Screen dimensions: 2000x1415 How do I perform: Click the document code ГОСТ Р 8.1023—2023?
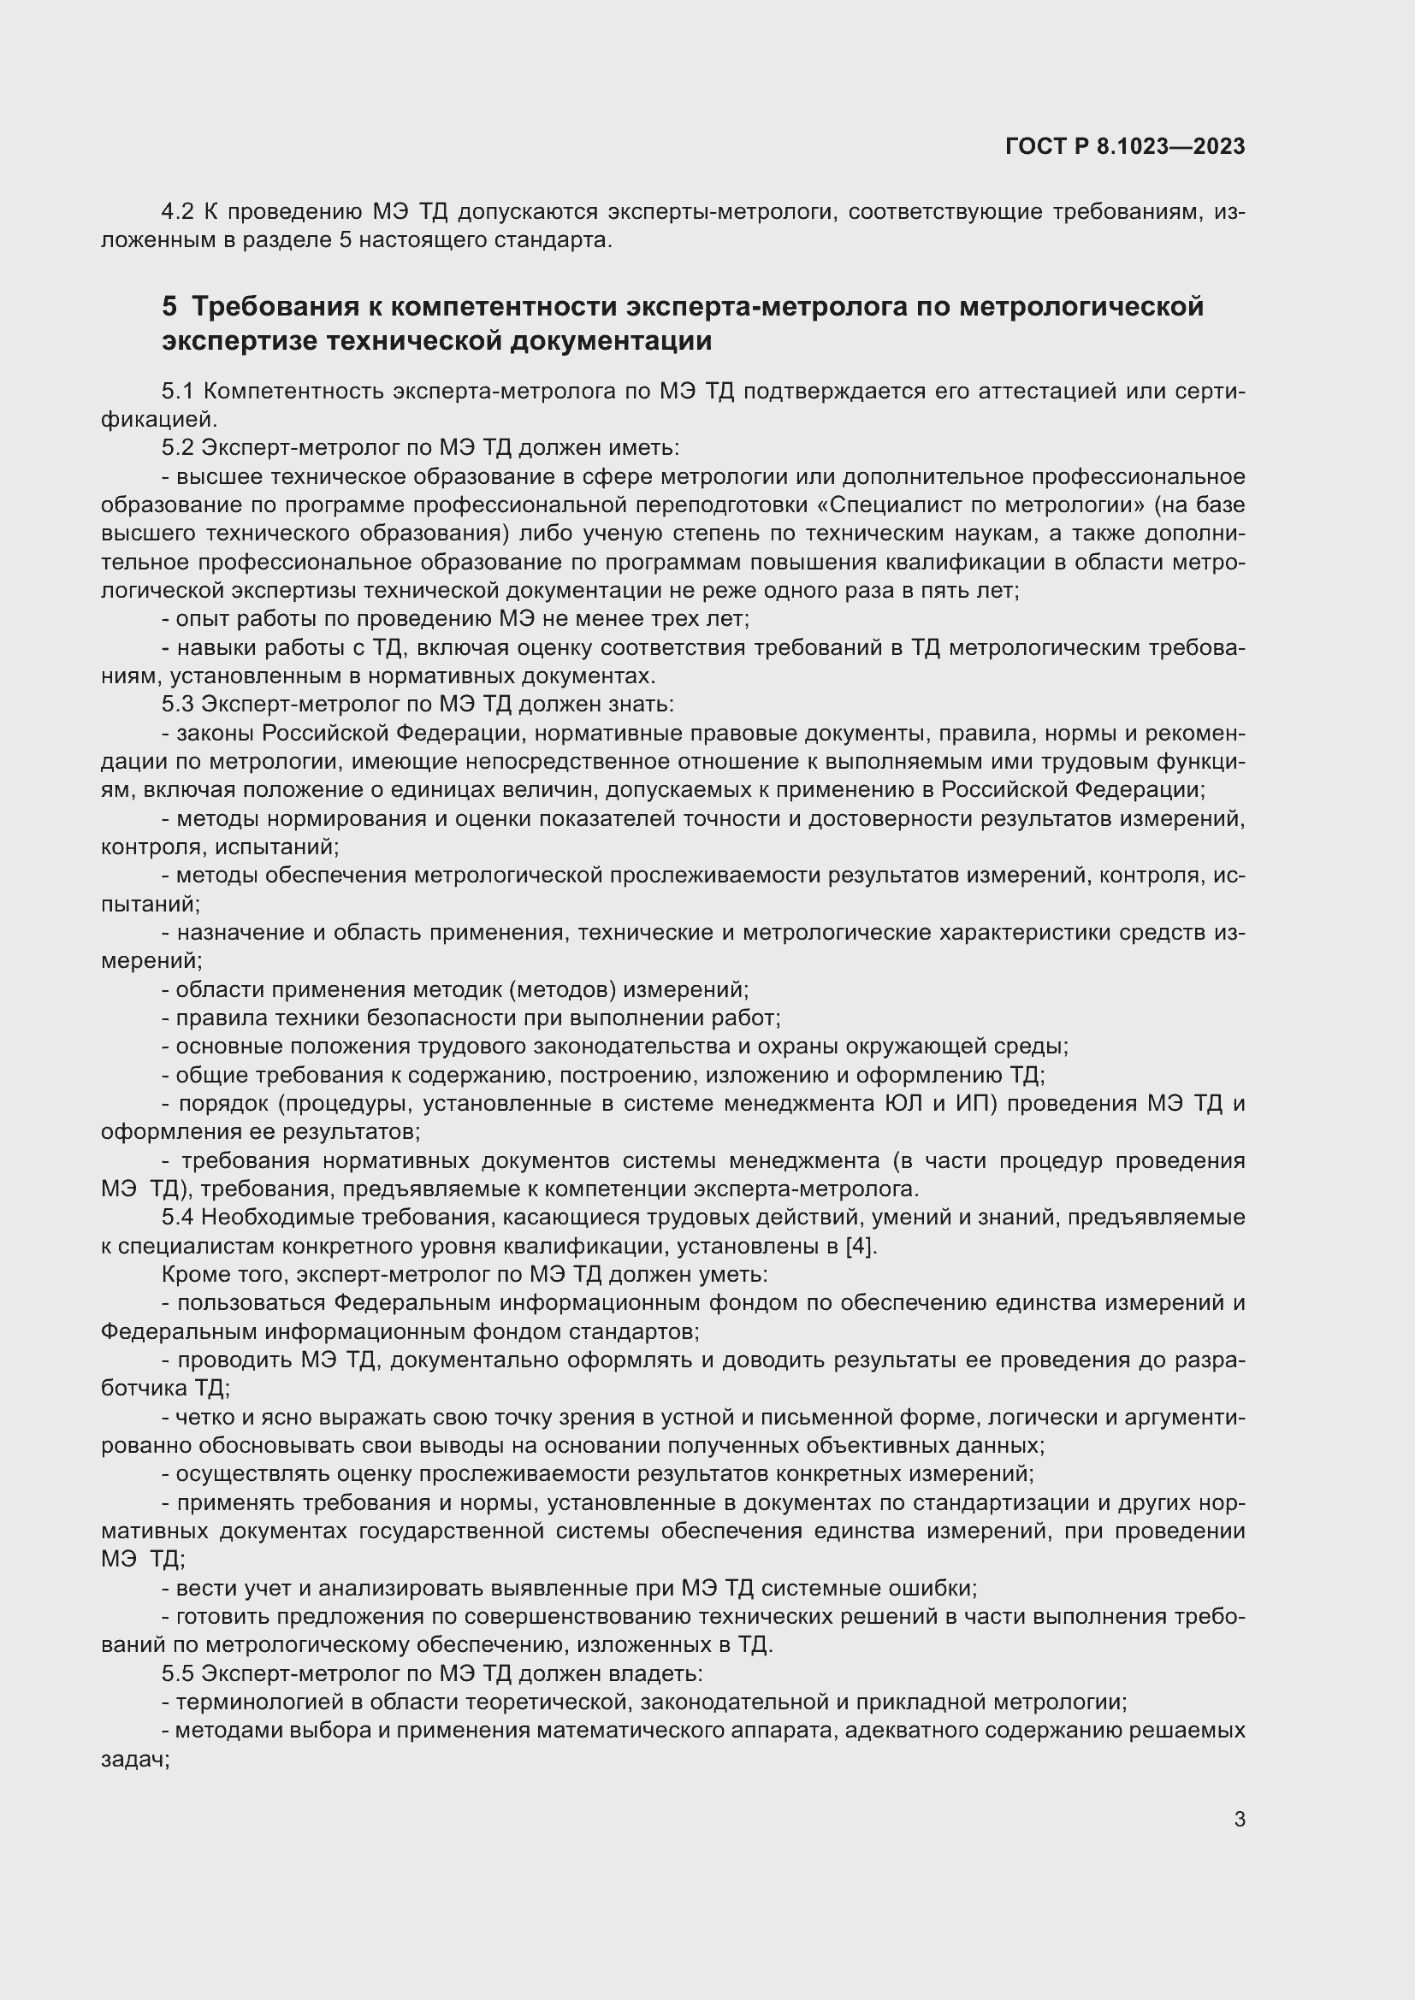(1125, 146)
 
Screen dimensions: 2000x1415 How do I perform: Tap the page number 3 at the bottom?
(1239, 1820)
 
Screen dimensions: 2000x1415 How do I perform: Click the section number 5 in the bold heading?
(169, 307)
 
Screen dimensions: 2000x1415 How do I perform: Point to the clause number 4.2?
(179, 212)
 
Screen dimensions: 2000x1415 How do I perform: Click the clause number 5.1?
(179, 391)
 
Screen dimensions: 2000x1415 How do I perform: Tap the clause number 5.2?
(179, 448)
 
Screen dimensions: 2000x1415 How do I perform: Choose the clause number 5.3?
(179, 704)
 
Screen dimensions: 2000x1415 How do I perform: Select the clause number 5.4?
(179, 1217)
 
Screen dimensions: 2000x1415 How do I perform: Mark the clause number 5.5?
(179, 1673)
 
